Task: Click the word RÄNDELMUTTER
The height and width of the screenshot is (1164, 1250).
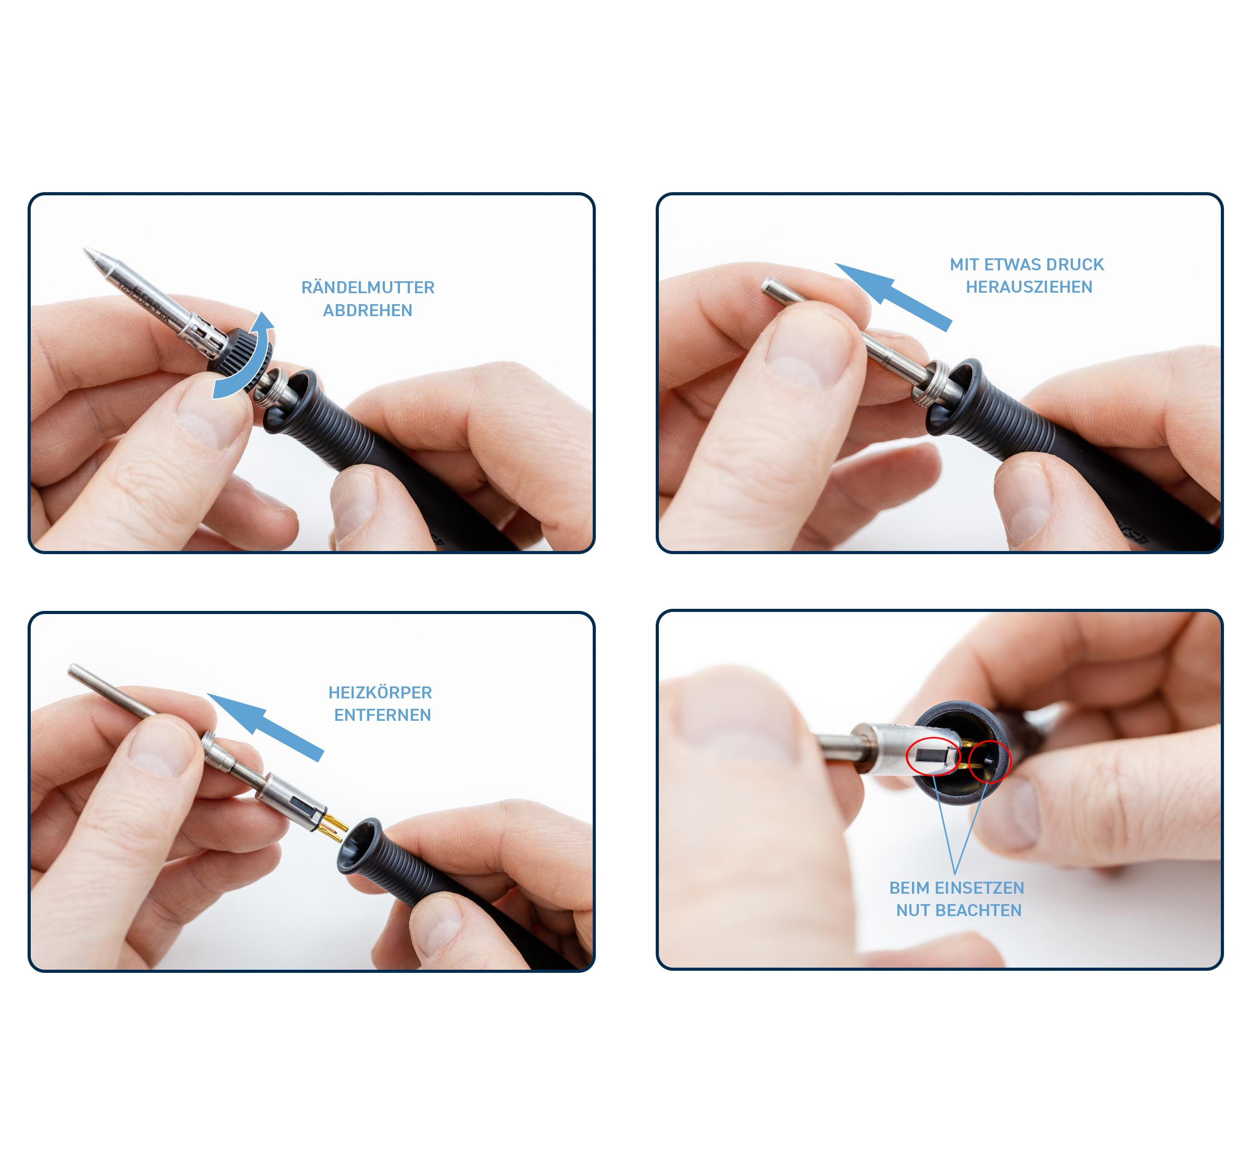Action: [x=368, y=287]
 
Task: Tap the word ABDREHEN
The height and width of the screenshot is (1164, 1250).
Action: [x=368, y=310]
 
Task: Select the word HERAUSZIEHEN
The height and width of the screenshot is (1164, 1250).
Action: [x=1029, y=287]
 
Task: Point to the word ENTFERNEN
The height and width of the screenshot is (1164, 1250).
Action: [x=382, y=715]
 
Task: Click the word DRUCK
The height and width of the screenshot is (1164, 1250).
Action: [x=1077, y=265]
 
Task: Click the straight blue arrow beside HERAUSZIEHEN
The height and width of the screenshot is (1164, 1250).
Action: [x=893, y=296]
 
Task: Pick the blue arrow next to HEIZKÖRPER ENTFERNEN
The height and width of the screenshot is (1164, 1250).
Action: [x=265, y=727]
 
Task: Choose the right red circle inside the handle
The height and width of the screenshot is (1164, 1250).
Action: [x=990, y=760]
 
